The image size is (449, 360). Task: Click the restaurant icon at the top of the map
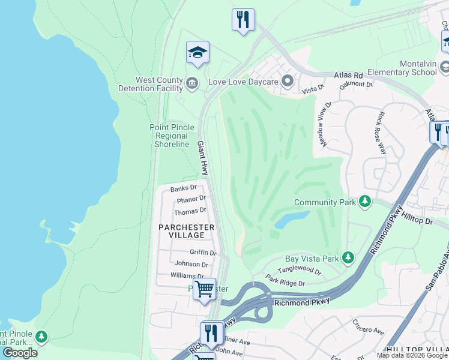point(243,20)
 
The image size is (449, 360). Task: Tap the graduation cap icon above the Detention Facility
point(197,53)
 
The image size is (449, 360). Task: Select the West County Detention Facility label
point(159,84)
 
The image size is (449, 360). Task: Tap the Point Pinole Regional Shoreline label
point(172,136)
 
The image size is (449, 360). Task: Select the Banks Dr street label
point(183,188)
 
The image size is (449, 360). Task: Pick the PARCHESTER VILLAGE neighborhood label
point(186,231)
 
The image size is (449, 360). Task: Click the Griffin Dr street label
point(203,253)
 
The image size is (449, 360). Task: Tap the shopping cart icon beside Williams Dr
point(204,289)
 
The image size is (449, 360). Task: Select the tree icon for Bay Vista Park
point(348,257)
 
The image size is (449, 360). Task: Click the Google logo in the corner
point(20,353)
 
